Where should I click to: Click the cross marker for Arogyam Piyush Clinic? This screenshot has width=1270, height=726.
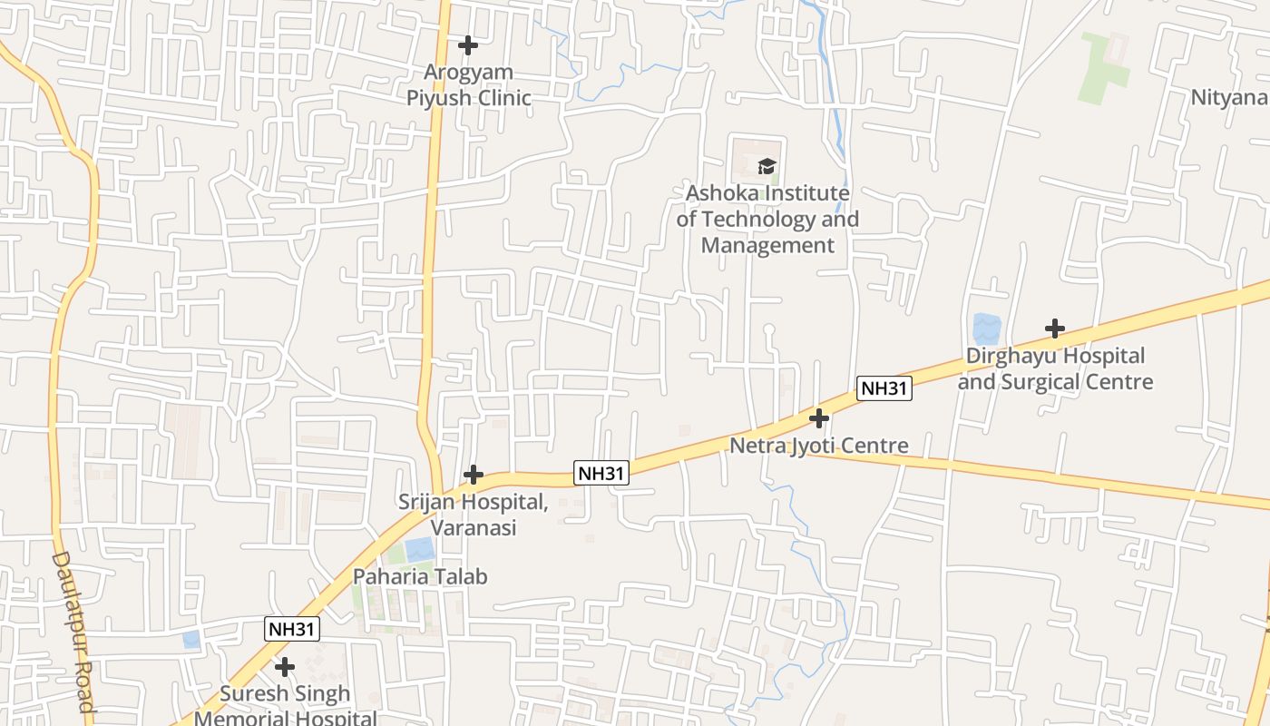[467, 44]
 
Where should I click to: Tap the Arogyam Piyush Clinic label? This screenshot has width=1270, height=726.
[468, 85]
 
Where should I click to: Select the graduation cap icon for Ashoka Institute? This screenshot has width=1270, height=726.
[767, 166]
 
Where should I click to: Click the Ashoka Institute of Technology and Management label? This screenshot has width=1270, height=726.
[767, 219]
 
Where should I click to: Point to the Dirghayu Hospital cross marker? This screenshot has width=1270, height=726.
[1054, 328]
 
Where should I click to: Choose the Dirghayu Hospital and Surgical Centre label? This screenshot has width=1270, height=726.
[1055, 368]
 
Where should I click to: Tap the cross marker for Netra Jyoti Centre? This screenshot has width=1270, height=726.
[819, 418]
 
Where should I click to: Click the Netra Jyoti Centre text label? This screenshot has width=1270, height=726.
[819, 446]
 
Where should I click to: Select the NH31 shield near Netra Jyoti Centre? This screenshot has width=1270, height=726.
[884, 388]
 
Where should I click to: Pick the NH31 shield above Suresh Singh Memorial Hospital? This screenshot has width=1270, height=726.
[292, 629]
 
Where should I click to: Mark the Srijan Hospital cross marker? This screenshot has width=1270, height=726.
[473, 474]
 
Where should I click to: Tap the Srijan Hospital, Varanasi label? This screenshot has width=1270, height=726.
[473, 514]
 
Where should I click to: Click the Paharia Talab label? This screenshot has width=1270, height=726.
[420, 576]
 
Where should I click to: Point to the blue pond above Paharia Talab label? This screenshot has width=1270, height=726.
[419, 548]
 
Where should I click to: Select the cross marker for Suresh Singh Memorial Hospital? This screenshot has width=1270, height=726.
[285, 667]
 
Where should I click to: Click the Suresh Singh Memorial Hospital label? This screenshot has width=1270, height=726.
[286, 706]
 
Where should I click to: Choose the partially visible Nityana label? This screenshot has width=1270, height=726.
[1229, 97]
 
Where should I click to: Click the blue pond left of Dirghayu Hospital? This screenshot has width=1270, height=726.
[985, 329]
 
